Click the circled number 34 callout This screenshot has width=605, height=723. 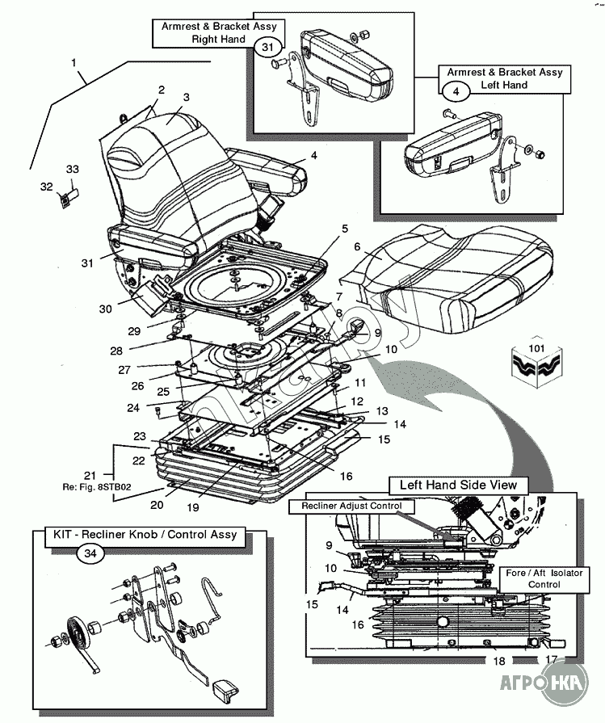click(88, 553)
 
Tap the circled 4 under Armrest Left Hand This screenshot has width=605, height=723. click(456, 92)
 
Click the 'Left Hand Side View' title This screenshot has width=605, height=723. click(459, 486)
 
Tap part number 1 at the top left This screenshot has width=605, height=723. click(74, 62)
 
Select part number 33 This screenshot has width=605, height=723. click(73, 169)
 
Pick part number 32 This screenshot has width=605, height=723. click(46, 187)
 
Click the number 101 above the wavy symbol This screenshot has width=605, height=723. click(536, 349)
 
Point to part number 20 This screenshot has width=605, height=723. click(156, 505)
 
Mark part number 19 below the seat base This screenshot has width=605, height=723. click(215, 507)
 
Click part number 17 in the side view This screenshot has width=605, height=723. click(551, 659)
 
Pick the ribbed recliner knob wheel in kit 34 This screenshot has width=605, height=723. click(77, 632)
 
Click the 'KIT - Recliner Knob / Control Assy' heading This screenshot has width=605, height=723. click(145, 534)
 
